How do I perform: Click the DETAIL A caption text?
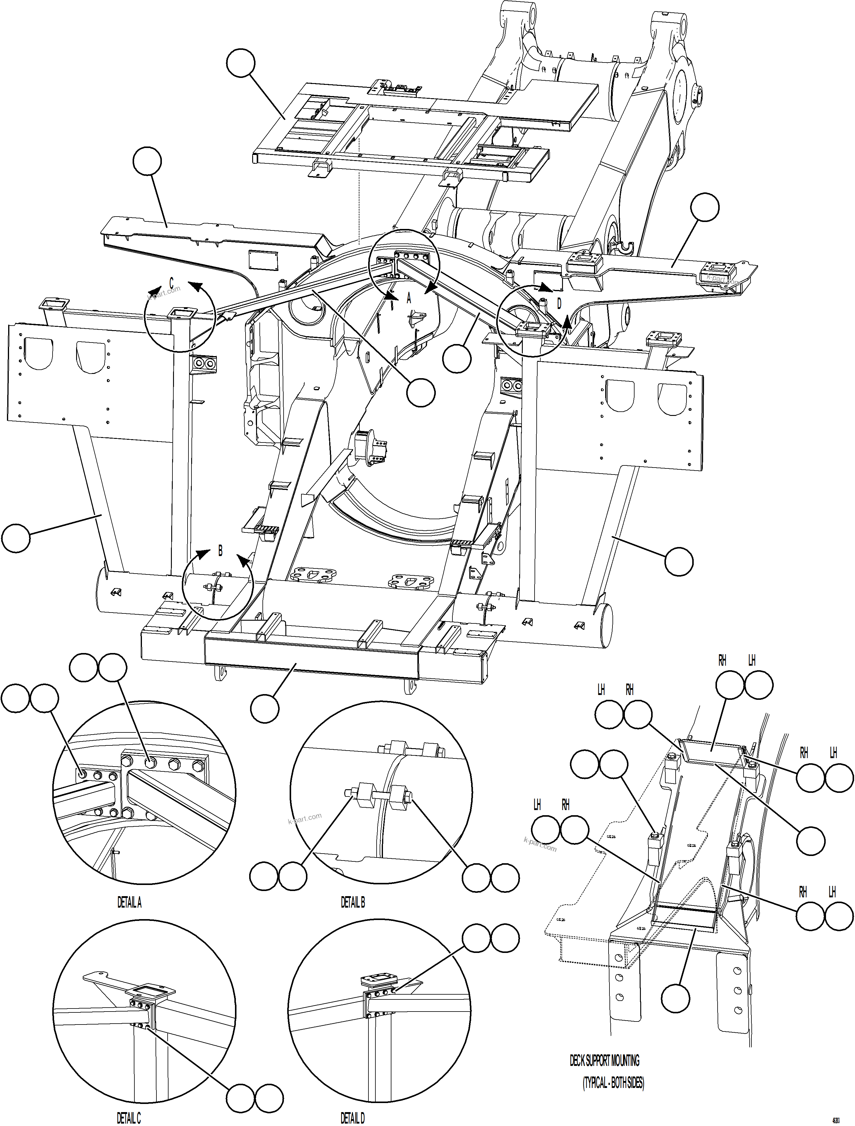point(129,902)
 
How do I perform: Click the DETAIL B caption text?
point(353,902)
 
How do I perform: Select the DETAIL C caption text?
point(129,1118)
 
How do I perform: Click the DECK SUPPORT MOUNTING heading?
point(604,1061)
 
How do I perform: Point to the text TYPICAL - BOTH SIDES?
point(613,1083)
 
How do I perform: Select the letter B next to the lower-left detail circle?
point(220,551)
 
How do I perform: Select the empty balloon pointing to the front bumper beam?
point(265,708)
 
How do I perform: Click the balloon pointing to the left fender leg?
point(16,538)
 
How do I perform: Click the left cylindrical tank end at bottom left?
point(102,594)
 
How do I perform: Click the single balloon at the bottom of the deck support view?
point(675,998)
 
